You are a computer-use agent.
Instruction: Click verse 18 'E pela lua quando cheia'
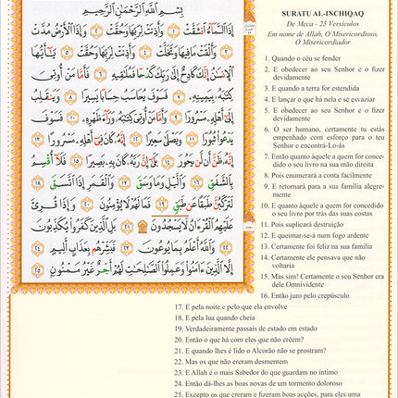[218, 317]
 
